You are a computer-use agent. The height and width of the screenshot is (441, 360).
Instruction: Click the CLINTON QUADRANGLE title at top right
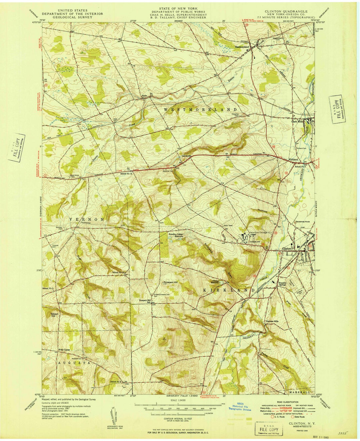(x=286, y=11)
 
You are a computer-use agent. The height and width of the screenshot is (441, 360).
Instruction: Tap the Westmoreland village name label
(x=242, y=47)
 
